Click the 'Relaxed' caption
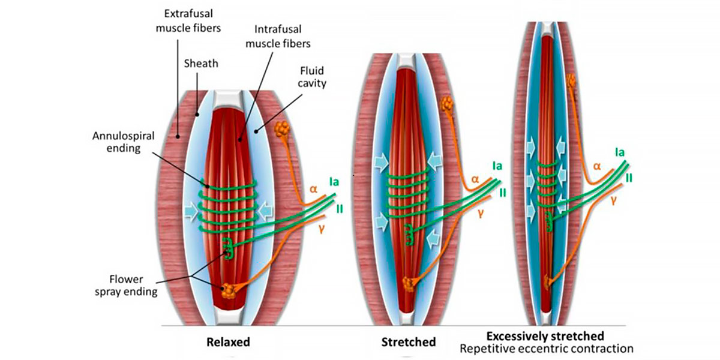pos(227,343)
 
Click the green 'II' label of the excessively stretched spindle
pos(629,178)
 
